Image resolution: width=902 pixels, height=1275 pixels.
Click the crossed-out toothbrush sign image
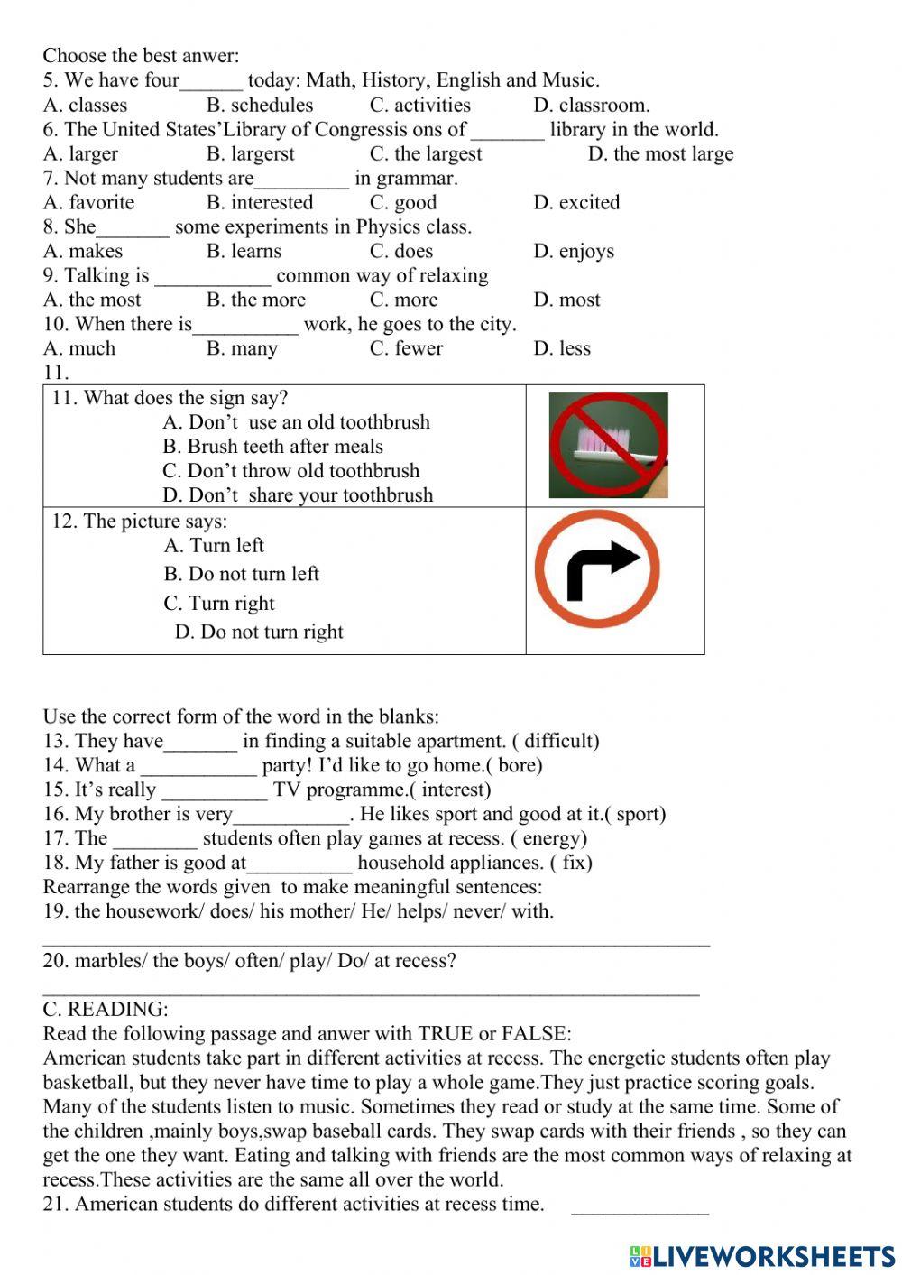[608, 445]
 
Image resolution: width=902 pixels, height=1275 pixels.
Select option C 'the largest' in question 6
[425, 154]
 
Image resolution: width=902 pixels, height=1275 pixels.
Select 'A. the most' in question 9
[92, 300]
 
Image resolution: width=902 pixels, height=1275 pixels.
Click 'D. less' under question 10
[561, 349]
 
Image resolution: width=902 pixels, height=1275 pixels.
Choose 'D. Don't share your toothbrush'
[297, 495]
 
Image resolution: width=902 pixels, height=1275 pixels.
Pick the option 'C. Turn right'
[218, 604]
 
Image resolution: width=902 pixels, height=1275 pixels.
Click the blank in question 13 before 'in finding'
[200, 744]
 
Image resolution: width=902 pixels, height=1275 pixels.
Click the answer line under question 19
[375, 942]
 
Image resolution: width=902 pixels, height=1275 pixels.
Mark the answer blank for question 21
[640, 1207]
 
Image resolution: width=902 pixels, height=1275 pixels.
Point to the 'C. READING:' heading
[105, 1010]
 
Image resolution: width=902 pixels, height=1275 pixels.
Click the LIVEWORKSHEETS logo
[761, 1255]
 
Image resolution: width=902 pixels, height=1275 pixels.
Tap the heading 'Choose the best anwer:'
[141, 56]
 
